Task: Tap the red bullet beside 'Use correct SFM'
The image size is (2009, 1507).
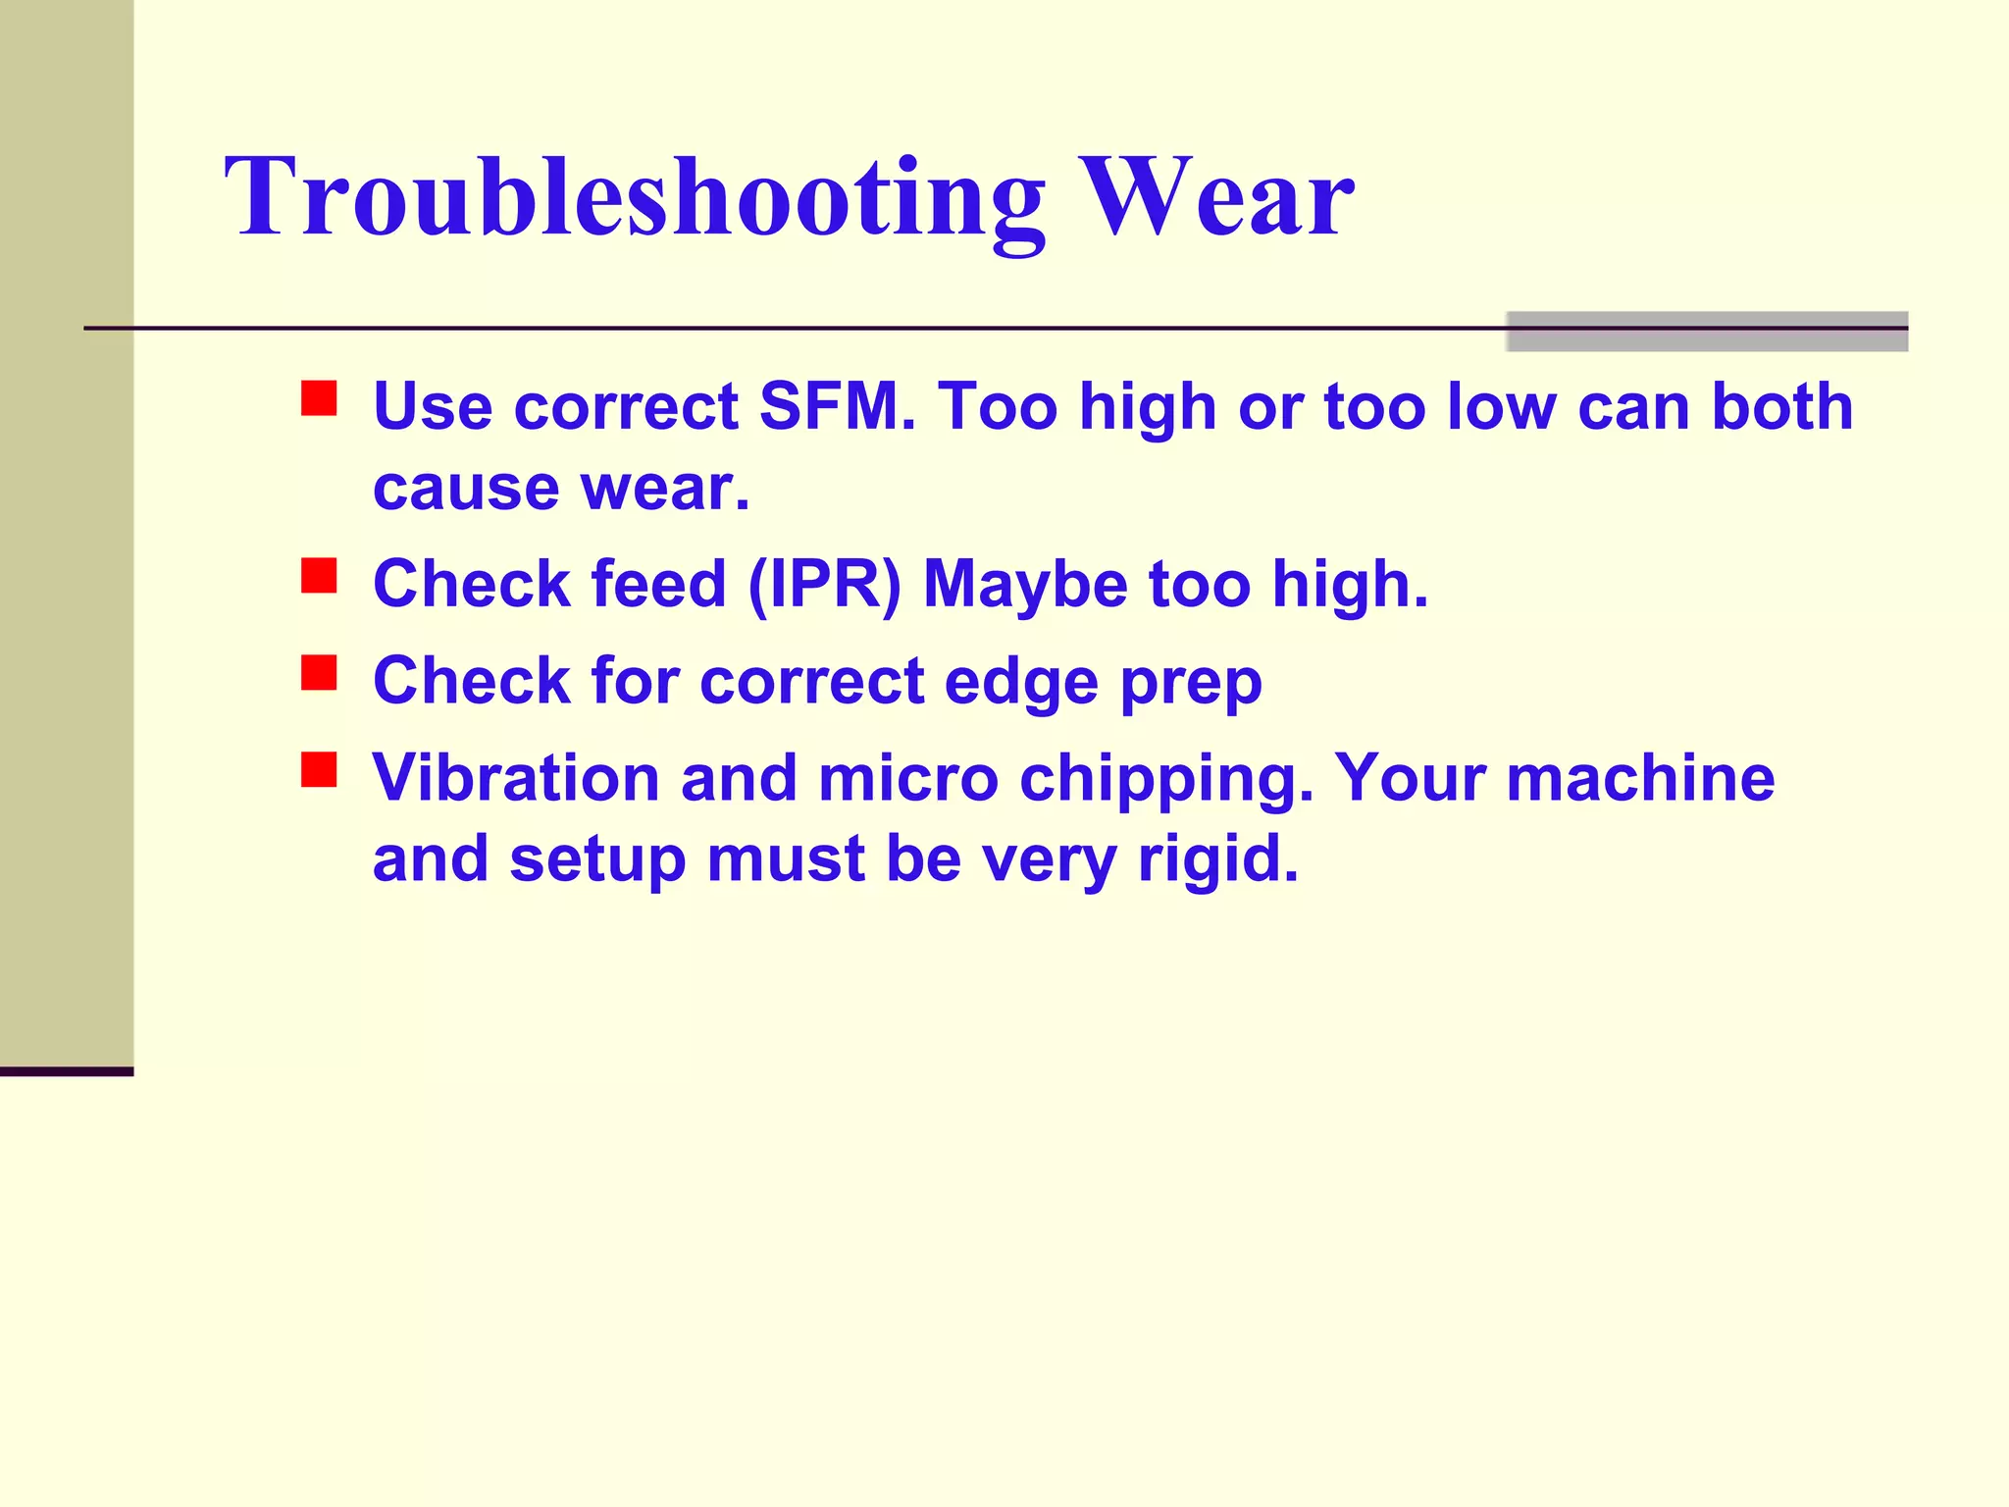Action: (x=319, y=399)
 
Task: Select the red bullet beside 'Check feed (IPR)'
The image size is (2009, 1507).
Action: (x=319, y=576)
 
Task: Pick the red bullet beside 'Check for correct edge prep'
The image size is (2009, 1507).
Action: (x=319, y=673)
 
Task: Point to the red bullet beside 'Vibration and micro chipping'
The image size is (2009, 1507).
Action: (x=319, y=769)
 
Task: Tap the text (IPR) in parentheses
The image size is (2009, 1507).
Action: (x=824, y=585)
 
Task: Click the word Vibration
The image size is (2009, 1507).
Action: (x=516, y=778)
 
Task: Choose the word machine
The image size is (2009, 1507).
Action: (x=1640, y=778)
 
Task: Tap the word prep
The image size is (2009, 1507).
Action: (x=1191, y=683)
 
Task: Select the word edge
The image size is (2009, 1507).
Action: (x=1020, y=683)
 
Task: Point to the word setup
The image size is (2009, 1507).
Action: (x=597, y=860)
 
